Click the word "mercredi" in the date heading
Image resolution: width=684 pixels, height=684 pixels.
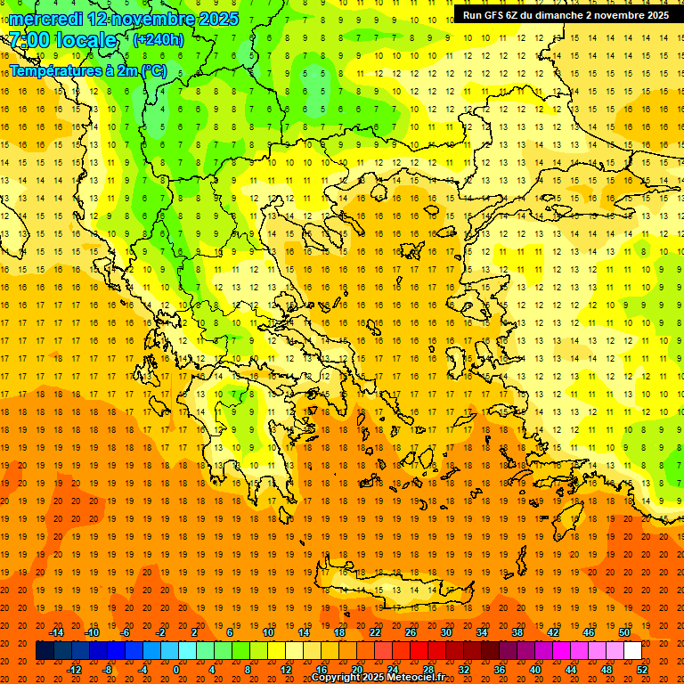(46, 19)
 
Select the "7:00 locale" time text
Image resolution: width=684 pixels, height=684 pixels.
(62, 40)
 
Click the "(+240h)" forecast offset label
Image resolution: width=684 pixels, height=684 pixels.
(159, 39)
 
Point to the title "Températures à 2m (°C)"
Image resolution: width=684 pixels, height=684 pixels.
(87, 70)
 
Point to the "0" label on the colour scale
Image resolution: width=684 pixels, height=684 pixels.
(176, 670)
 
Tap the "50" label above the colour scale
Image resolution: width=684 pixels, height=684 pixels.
(623, 632)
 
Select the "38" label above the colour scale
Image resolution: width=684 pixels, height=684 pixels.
(517, 632)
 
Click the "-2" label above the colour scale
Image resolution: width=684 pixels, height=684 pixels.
(160, 632)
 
